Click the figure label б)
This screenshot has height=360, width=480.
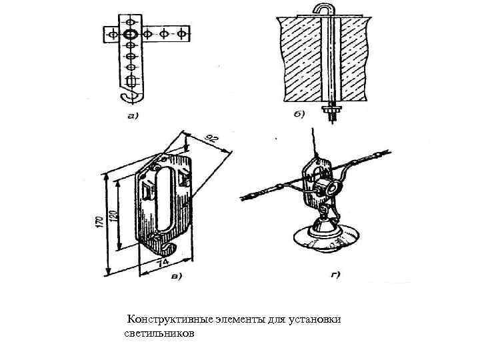[297, 114]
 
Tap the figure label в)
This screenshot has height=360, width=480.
[177, 275]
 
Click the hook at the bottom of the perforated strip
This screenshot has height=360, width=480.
[131, 95]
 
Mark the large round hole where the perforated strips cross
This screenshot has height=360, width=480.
[131, 32]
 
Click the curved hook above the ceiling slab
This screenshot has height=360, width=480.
[323, 9]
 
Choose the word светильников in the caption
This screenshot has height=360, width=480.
[160, 332]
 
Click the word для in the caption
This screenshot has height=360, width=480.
[277, 320]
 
